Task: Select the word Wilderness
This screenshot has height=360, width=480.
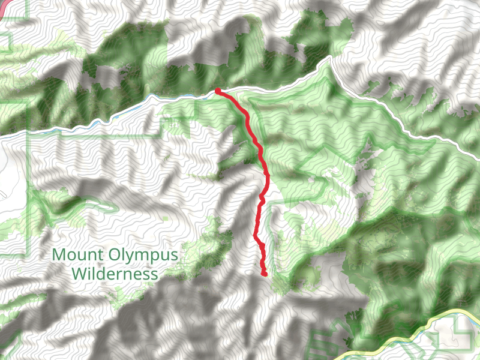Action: (x=114, y=274)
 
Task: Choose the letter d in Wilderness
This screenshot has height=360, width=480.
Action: (x=107, y=274)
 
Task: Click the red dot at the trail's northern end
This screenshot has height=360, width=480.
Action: (x=217, y=91)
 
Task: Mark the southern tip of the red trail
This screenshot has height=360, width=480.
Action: (x=264, y=274)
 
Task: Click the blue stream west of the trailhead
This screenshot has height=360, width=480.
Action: (x=150, y=99)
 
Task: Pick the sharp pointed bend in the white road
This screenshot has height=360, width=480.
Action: (x=330, y=58)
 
